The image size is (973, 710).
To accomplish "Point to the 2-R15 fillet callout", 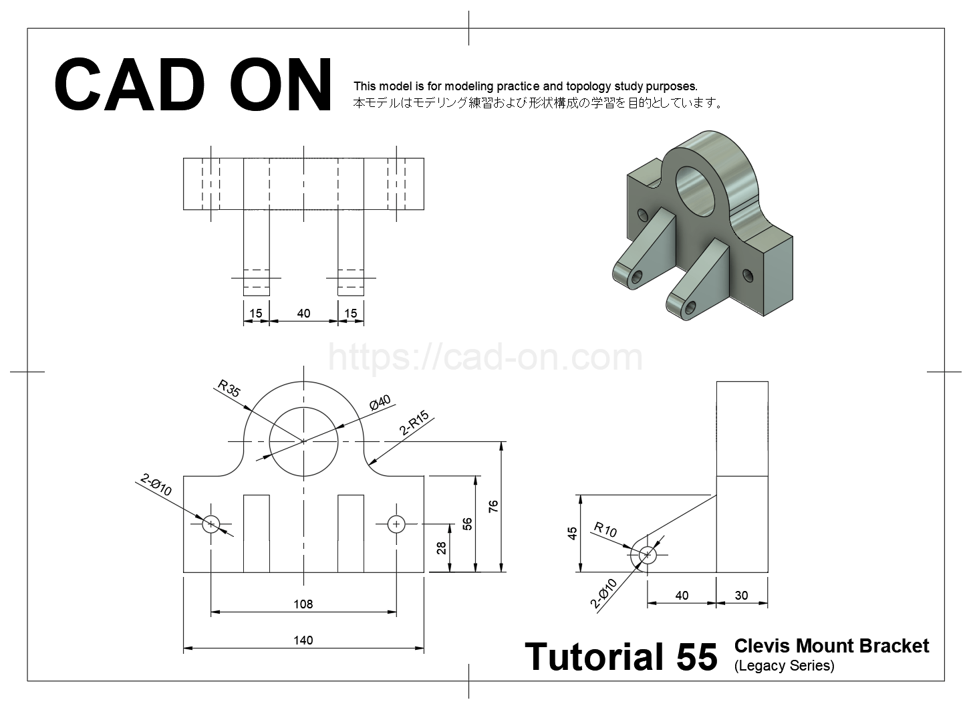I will pos(414,424).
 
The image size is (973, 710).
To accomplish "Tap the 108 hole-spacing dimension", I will pos(303,604).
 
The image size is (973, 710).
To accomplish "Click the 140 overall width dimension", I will pos(303,640).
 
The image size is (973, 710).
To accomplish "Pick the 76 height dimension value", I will pos(494,506).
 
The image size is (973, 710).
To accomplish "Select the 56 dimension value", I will pos(467,523).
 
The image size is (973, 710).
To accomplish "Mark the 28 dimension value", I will pos(441,548).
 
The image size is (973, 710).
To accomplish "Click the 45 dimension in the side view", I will pos(572,533).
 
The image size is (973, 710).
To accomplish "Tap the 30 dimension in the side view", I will pos(741,595).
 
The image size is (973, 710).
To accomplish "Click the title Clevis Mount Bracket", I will pos(831,646).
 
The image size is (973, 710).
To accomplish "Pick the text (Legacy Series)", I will pos(784,666).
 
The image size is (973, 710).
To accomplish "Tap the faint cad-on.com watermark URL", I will pos(486,358).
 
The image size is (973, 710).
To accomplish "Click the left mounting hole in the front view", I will pos(211,523).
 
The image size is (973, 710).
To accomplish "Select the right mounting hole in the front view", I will pos(396,523).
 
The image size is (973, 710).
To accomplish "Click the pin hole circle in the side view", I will pos(647,554).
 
